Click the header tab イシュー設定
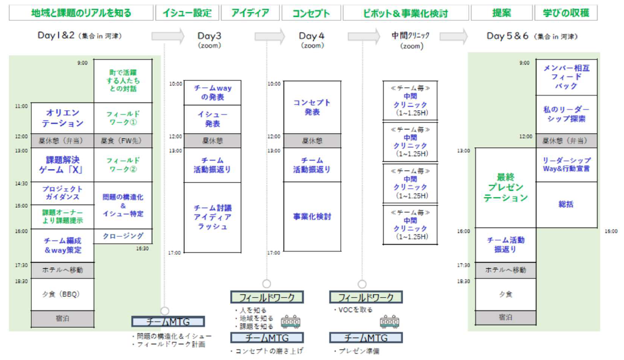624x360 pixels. click(x=187, y=13)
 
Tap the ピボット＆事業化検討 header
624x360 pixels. click(x=405, y=13)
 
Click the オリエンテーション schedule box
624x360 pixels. click(x=62, y=118)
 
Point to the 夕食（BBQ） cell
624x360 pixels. click(x=62, y=294)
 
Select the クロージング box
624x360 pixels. click(x=123, y=236)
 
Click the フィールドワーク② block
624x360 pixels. click(x=123, y=165)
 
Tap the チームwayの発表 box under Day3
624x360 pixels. click(x=212, y=93)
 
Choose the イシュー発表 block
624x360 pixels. click(x=212, y=119)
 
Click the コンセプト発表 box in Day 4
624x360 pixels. click(x=313, y=107)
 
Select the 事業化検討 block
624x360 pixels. click(x=313, y=217)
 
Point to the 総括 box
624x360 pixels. click(x=566, y=205)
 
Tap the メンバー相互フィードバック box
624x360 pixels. click(x=566, y=77)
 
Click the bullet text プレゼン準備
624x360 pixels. click(x=357, y=351)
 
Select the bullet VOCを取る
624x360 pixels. click(x=353, y=310)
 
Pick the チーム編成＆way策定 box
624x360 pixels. click(x=62, y=245)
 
